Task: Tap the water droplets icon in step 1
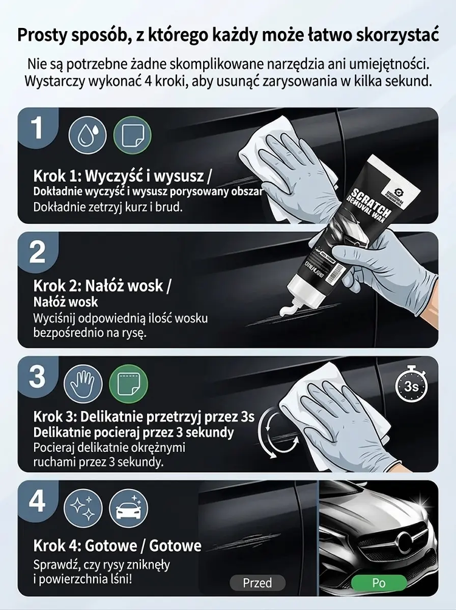coord(87,136)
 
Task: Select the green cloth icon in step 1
coord(133,136)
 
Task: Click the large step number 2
coord(38,252)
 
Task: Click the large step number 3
coord(37,376)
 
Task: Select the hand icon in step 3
coord(83,384)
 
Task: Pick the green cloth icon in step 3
coord(128,384)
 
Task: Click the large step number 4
coord(37,501)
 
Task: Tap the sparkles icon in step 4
coord(83,508)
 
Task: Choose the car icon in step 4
coord(128,508)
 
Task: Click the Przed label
coord(258,583)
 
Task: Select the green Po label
coord(379,583)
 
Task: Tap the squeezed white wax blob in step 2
coord(290,310)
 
